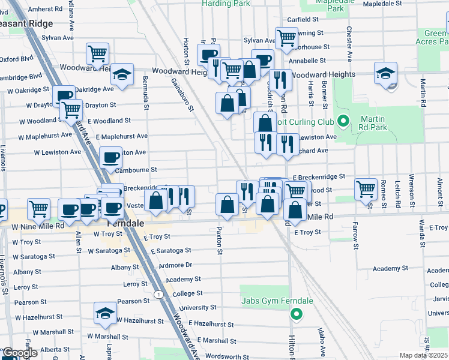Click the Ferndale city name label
tap(127, 223)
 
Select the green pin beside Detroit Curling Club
tap(343, 122)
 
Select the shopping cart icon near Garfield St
tap(286, 38)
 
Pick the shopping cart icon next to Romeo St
tap(366, 189)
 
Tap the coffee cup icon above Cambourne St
tap(110, 158)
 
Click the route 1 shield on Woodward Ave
tap(157, 294)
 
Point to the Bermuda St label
tap(145, 93)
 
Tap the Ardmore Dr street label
tap(175, 265)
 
